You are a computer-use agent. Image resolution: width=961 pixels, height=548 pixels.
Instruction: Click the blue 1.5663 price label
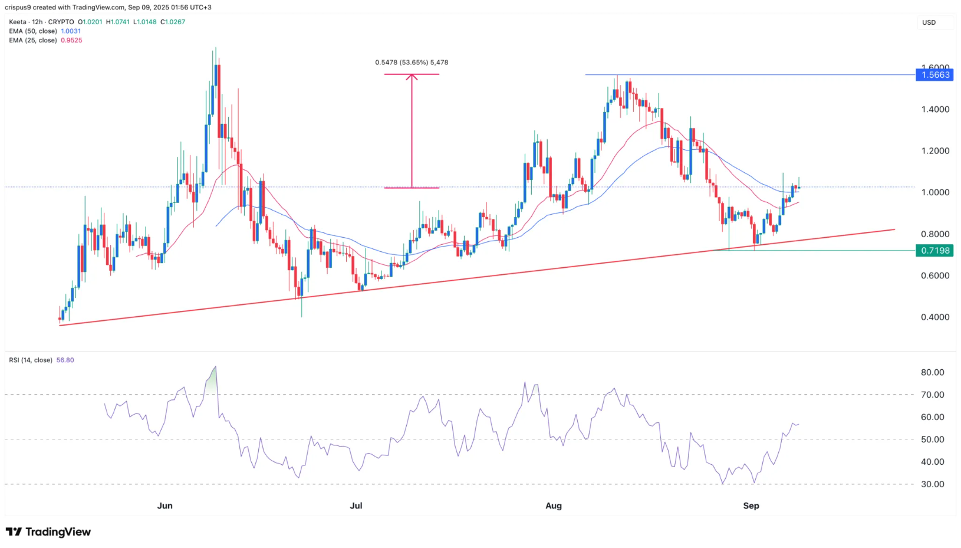(x=935, y=75)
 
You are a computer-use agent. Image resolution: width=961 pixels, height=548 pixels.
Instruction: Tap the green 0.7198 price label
(x=935, y=251)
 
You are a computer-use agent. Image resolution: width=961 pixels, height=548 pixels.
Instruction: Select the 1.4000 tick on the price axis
(x=935, y=109)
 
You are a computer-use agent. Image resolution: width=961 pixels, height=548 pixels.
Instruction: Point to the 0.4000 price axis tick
(x=935, y=317)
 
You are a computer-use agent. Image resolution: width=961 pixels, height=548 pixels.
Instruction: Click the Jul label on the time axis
(x=356, y=506)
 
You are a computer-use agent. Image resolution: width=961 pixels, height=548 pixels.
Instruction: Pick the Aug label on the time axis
(x=554, y=506)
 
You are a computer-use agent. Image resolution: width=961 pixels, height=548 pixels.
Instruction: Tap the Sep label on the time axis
(x=751, y=506)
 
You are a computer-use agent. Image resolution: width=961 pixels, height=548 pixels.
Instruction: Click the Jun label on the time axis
(x=165, y=506)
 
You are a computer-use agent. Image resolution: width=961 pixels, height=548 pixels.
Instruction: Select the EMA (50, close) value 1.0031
(x=71, y=31)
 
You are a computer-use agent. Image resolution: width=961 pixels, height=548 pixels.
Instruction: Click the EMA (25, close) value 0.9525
(x=71, y=41)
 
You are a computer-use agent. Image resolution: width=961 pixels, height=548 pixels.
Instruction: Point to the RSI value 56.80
(x=65, y=360)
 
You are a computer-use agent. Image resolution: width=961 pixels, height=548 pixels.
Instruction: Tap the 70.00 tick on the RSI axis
(x=933, y=395)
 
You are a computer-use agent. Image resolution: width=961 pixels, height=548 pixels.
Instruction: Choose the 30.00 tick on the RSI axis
(x=933, y=484)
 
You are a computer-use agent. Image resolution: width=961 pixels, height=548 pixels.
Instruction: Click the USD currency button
(x=929, y=22)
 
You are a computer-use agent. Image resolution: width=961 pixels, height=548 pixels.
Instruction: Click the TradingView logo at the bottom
(x=48, y=532)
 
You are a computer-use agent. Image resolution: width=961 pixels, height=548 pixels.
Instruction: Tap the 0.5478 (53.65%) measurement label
(x=412, y=63)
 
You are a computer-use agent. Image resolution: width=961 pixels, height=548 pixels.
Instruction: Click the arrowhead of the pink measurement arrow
(x=412, y=77)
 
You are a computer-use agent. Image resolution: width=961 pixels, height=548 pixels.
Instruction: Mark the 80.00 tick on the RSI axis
(x=933, y=372)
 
